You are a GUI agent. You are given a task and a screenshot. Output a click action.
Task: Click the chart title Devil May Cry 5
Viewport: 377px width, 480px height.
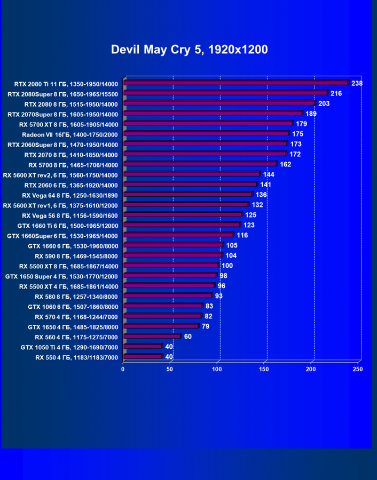[x=189, y=50]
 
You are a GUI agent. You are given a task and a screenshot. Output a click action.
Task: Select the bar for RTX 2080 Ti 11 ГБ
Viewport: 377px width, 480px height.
[x=235, y=83]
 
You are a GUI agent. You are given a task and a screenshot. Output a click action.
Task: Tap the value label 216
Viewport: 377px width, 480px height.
[x=336, y=93]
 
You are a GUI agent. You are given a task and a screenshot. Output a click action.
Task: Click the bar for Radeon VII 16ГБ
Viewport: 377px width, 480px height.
[x=206, y=134]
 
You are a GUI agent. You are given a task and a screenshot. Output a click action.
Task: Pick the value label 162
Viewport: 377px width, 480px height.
[x=286, y=164]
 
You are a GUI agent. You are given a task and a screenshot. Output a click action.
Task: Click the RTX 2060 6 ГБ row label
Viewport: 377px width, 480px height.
[x=71, y=185]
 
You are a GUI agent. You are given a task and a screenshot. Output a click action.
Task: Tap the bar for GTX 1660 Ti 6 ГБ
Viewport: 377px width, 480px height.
[x=182, y=225]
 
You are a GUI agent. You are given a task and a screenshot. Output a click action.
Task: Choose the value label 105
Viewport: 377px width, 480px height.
[x=232, y=245]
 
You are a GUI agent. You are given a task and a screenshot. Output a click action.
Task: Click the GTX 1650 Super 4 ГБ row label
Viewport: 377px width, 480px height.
[x=61, y=276]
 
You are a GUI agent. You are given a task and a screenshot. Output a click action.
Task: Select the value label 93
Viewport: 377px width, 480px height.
[x=219, y=296]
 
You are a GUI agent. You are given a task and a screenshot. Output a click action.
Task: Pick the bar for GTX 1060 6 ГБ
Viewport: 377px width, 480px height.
[x=163, y=306]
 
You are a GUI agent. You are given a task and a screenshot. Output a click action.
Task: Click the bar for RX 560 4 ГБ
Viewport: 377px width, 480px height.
[x=152, y=337]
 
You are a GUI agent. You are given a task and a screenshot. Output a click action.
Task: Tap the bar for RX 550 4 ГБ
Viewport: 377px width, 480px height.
[x=143, y=357]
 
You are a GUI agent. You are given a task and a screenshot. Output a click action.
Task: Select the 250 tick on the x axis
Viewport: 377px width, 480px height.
[x=358, y=369]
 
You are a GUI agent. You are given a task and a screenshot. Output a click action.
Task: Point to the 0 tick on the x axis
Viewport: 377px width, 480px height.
[x=123, y=369]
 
